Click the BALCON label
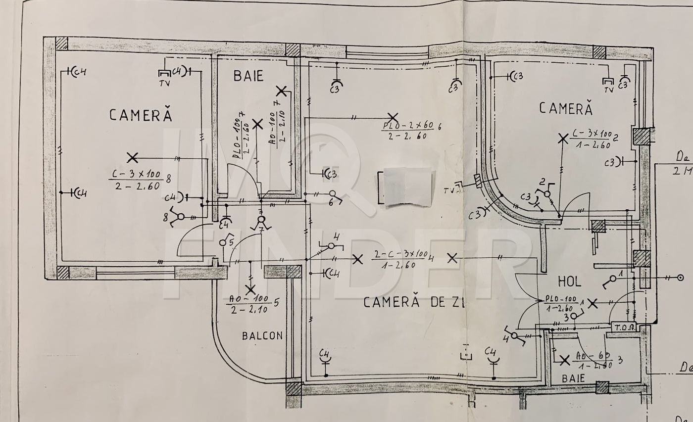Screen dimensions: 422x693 (262, 336)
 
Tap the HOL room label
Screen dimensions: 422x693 (569, 282)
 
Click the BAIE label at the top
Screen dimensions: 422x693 (248, 76)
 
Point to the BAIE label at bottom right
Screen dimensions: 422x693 (573, 378)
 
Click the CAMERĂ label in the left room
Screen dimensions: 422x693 (141, 115)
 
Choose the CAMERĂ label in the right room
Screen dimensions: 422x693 (565, 108)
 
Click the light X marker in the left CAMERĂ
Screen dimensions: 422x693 (132, 158)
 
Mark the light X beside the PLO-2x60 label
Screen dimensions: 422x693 (393, 118)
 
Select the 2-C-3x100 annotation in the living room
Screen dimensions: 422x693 (401, 259)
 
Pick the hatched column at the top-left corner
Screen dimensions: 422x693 (61, 43)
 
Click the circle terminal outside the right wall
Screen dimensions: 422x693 (680, 278)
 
